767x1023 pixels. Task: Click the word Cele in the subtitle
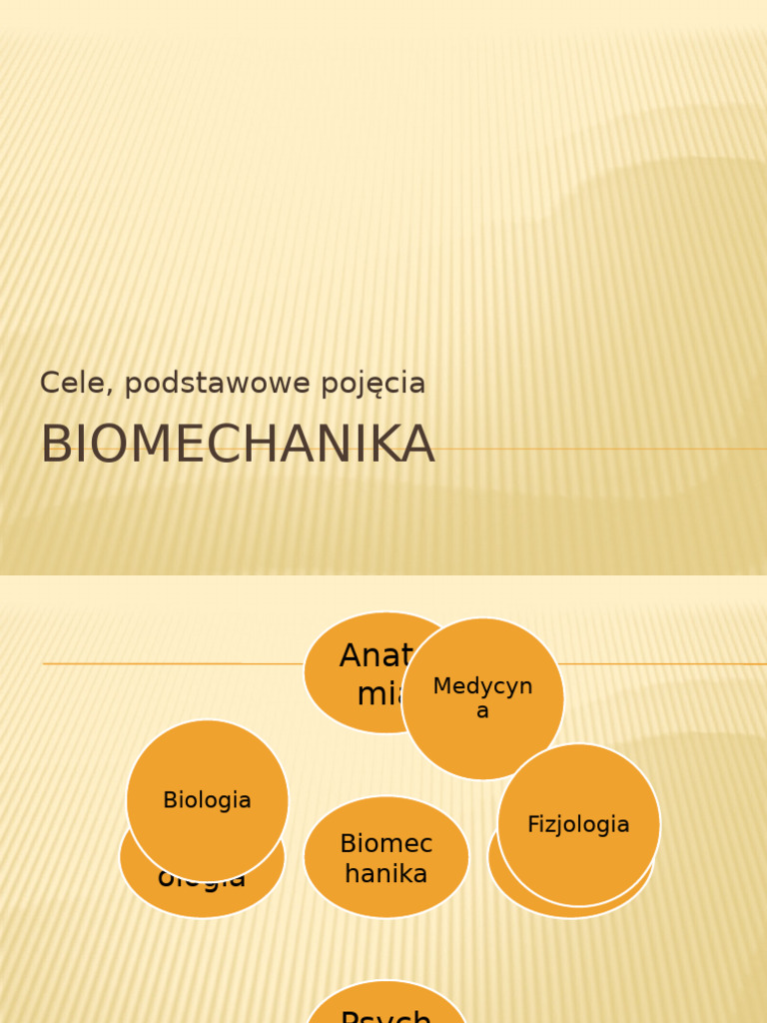(x=65, y=383)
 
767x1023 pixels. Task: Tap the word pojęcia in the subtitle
(x=375, y=384)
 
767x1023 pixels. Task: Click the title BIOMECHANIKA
(x=238, y=445)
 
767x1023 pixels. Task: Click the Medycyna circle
(x=482, y=698)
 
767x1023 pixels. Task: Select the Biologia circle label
(x=207, y=800)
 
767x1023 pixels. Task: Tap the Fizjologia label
(x=578, y=824)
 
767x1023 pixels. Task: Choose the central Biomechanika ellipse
(x=386, y=857)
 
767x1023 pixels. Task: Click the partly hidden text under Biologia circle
(x=202, y=883)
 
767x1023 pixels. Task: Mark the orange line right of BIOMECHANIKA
(x=599, y=449)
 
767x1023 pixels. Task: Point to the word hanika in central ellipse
(x=386, y=873)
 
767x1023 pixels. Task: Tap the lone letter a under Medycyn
(x=482, y=711)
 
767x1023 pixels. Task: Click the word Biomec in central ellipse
(x=386, y=844)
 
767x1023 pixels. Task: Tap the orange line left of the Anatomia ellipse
(x=170, y=663)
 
